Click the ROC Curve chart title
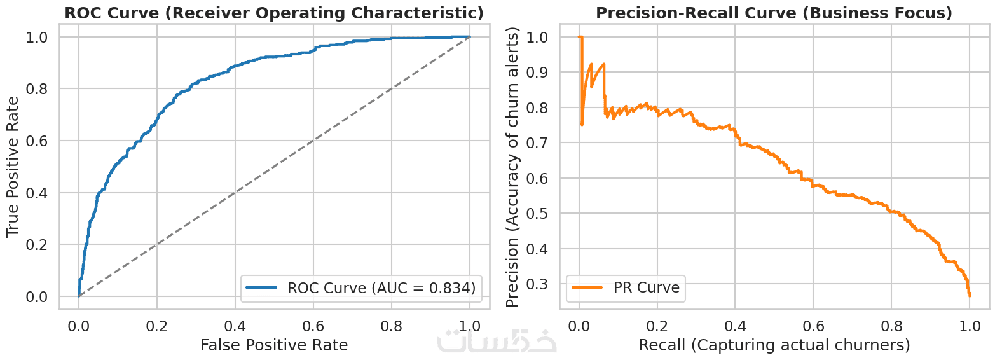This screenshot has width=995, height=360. coord(274,13)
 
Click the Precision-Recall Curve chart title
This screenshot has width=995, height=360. coord(774,13)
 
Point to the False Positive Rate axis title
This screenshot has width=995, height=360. coord(274,345)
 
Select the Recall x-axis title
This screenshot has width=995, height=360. coord(774,345)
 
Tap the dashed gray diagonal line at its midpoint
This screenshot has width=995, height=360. coord(274,167)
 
